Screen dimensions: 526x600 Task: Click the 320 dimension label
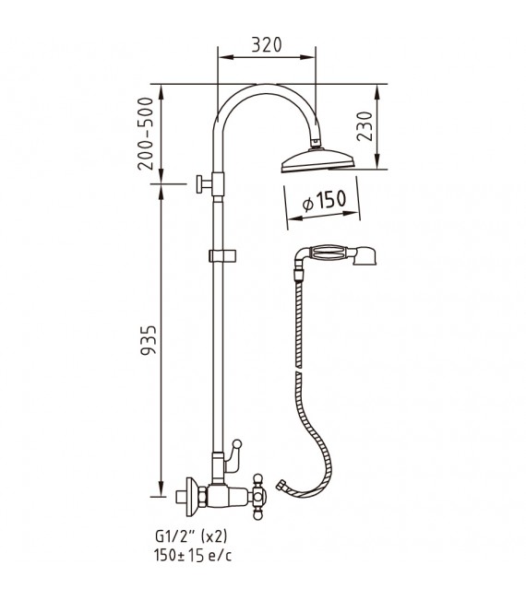(267, 44)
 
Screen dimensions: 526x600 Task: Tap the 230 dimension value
(365, 126)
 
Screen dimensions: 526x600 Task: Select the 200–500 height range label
(146, 134)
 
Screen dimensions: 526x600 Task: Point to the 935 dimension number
(149, 341)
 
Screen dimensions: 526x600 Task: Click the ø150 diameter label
(324, 200)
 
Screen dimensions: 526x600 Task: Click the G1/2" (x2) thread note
(191, 536)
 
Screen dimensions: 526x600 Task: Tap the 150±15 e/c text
(193, 555)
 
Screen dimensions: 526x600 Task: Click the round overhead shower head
(318, 160)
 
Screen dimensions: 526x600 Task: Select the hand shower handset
(336, 255)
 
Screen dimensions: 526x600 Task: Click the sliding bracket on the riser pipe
(222, 256)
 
